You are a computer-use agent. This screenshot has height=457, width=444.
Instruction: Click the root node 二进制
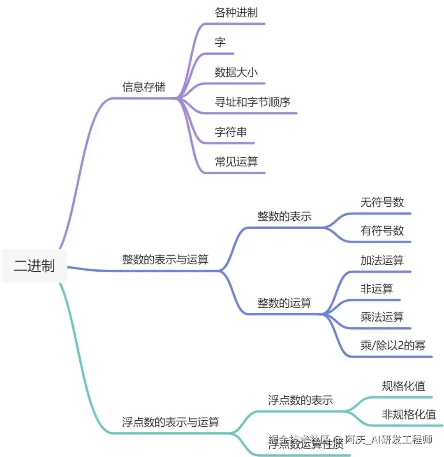pos(34,266)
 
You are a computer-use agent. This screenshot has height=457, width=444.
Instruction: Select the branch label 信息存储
pos(143,87)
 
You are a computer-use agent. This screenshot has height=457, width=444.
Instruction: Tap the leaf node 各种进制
pos(236,12)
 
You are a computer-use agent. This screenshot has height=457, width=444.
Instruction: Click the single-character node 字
pos(220,42)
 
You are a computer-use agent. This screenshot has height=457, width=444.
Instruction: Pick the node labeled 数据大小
pos(236,72)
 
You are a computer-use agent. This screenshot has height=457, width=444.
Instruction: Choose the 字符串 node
pos(231,132)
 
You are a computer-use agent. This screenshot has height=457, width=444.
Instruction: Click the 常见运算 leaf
pos(236,161)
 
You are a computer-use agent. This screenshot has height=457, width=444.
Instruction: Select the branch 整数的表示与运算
pos(165,259)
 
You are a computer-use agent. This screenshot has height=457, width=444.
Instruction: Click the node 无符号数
pos(382,202)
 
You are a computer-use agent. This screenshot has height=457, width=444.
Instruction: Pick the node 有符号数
pos(382,231)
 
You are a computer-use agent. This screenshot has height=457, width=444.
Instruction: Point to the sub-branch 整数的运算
pos(284,303)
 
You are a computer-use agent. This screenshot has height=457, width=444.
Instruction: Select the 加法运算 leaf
pos(382,260)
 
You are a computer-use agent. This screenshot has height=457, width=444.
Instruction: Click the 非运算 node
pos(377,288)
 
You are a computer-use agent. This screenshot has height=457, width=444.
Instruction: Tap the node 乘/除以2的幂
pos(393,345)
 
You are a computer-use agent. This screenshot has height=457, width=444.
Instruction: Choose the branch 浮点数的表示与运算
pos(171,422)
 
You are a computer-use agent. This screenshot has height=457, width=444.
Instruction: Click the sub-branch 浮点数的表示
pos(301,400)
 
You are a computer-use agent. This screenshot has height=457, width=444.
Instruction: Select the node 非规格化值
pos(409,414)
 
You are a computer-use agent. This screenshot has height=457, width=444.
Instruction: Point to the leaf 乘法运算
pos(382,317)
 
